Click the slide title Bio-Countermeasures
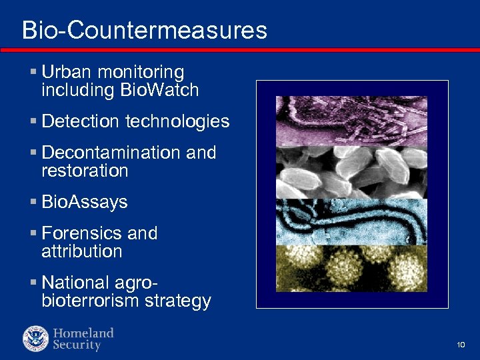(144, 30)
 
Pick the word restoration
(84, 171)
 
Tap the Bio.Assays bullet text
(84, 202)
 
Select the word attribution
(81, 251)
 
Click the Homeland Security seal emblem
(35, 339)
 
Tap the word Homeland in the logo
(83, 333)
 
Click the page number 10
(461, 345)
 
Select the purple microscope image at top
(351, 121)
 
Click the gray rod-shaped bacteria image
(351, 172)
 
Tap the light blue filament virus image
(351, 221)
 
